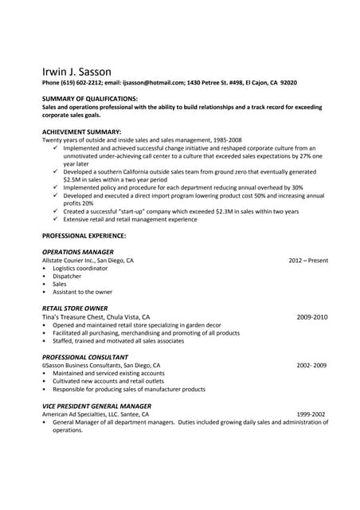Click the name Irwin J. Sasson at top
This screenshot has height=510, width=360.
77,71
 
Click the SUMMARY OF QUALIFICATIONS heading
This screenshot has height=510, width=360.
89,98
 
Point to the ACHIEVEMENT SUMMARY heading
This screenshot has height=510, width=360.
81,131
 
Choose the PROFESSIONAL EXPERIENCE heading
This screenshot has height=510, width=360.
84,236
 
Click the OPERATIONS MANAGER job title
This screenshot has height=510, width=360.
78,252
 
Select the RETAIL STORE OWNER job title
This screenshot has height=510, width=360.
75,308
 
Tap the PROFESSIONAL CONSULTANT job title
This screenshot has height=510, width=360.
84,357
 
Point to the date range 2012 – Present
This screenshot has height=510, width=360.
308,261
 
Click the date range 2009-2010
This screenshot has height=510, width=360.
311,316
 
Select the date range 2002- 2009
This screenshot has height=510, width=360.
311,365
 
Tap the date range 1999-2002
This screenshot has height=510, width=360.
311,414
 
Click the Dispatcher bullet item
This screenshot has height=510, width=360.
67,277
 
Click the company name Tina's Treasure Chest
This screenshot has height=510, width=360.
75,316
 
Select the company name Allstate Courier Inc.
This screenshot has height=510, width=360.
68,261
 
